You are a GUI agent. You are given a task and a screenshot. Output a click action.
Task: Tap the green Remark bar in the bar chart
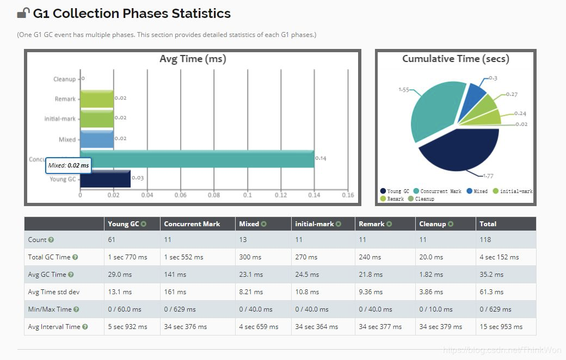click(97, 98)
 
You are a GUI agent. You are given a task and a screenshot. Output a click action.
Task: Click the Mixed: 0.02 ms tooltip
click(68, 165)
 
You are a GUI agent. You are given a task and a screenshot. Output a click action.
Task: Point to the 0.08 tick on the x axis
click(214, 195)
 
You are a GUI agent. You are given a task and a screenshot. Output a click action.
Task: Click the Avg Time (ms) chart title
click(193, 59)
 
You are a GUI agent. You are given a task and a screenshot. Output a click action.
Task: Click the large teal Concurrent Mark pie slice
click(433, 109)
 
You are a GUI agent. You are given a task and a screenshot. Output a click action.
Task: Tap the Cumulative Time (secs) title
click(456, 59)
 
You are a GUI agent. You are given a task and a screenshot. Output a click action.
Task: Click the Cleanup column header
click(432, 224)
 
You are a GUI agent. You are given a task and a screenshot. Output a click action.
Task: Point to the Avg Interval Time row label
click(54, 327)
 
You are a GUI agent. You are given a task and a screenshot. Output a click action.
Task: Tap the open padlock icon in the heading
click(23, 13)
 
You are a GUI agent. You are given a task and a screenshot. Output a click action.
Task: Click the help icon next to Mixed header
click(264, 224)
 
